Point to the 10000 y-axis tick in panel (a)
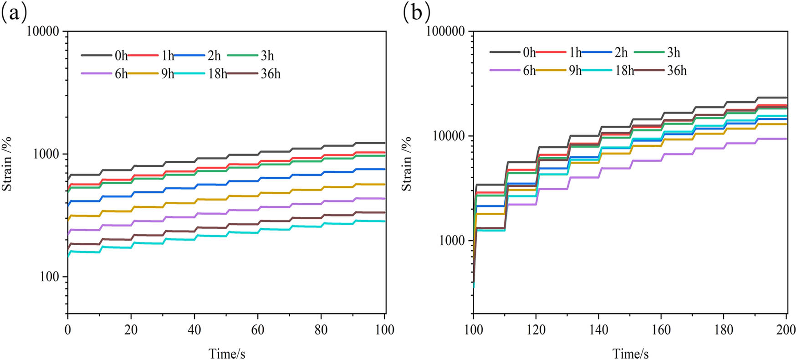(43, 31)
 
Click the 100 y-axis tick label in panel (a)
(50, 277)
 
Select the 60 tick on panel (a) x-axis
(258, 329)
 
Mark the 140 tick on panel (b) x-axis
(598, 329)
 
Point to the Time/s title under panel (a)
(227, 353)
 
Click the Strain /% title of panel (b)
(406, 164)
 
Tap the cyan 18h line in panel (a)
(228, 236)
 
